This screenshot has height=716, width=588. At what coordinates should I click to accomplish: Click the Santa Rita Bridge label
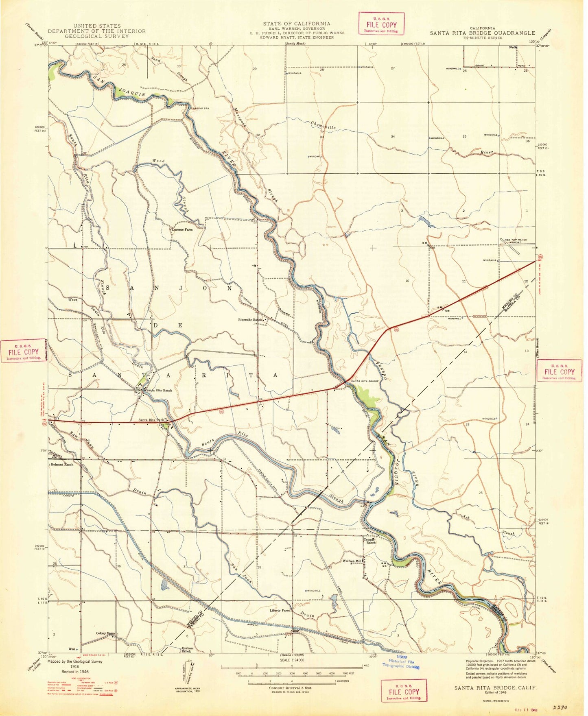coord(365,381)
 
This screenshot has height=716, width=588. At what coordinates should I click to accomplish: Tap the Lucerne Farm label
coord(182,229)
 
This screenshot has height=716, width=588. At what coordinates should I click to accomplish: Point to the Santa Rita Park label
coord(151,420)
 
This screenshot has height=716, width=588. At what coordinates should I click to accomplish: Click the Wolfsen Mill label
coord(352,561)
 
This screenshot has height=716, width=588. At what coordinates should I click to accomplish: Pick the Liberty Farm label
coord(280,611)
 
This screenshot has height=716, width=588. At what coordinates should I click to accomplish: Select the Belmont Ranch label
coord(62,464)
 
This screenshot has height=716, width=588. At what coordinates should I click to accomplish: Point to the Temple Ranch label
coord(371,541)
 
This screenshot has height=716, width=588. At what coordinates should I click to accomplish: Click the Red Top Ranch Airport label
coord(516,241)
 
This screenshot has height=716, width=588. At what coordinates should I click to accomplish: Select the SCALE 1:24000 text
coord(291,660)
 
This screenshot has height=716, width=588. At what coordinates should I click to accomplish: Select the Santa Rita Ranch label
coord(159,390)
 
